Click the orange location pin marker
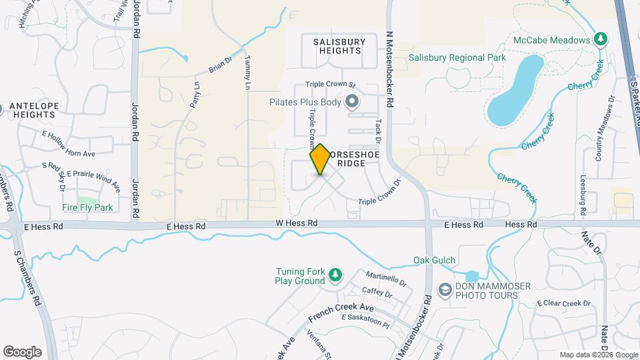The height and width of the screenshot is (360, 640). click(x=320, y=159)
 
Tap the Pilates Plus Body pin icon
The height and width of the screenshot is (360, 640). click(x=352, y=102)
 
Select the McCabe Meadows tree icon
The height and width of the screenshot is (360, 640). click(x=601, y=39)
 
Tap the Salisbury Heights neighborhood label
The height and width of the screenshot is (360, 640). click(x=339, y=46)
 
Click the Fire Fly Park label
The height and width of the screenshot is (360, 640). click(x=87, y=207)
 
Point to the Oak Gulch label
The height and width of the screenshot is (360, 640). click(x=434, y=260)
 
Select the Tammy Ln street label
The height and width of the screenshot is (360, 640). click(x=247, y=73)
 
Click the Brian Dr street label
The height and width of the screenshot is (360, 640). click(x=219, y=65)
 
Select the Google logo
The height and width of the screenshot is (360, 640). click(x=22, y=352)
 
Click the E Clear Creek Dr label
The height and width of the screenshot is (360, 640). click(x=564, y=303)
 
